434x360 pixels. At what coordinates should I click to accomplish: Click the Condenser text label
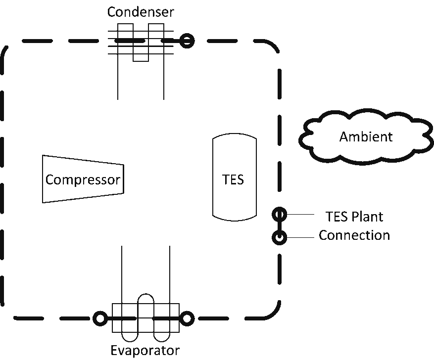pyautogui.click(x=141, y=11)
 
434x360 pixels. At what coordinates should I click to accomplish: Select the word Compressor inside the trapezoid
pyautogui.click(x=82, y=179)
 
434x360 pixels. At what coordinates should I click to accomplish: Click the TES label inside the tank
pyautogui.click(x=233, y=180)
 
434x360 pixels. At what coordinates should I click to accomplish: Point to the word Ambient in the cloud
pyautogui.click(x=366, y=137)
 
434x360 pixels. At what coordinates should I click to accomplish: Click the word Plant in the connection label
pyautogui.click(x=367, y=217)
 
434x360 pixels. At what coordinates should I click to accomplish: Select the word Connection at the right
pyautogui.click(x=354, y=235)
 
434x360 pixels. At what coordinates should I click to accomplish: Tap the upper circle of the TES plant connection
pyautogui.click(x=279, y=214)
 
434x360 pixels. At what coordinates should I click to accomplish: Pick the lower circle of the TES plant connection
pyautogui.click(x=279, y=238)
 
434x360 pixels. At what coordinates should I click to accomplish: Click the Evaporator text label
pyautogui.click(x=144, y=351)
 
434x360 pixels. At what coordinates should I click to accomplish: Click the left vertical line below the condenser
pyautogui.click(x=118, y=79)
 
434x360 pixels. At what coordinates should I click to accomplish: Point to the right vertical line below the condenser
pyautogui.click(x=163, y=79)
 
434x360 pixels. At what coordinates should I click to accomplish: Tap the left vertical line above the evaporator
pyautogui.click(x=122, y=272)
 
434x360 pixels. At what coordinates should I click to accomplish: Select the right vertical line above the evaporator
pyautogui.click(x=170, y=272)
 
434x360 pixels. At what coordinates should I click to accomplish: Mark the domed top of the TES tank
pyautogui.click(x=235, y=136)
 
